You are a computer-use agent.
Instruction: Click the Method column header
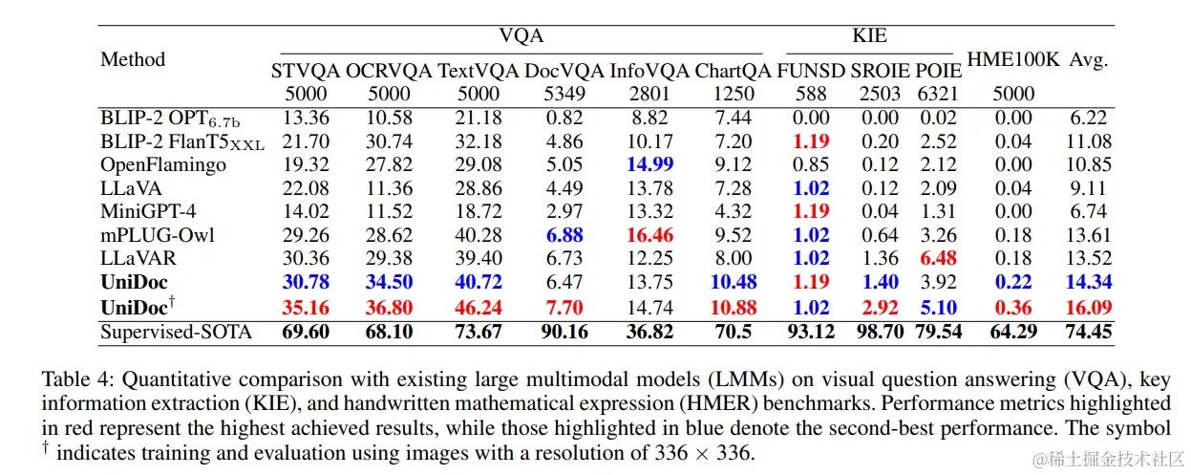tap(133, 59)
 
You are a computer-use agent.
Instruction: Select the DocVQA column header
tap(565, 70)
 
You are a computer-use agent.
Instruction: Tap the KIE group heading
tap(869, 35)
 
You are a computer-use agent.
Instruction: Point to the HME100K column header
tap(1013, 59)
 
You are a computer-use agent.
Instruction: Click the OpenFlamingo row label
tap(163, 164)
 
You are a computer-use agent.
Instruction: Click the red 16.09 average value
tap(1088, 308)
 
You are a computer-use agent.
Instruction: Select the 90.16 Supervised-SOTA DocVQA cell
tap(565, 332)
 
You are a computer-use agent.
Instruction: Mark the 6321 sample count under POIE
tap(938, 94)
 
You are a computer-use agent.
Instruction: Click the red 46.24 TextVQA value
tap(479, 308)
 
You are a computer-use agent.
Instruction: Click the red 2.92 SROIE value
tap(874, 308)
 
